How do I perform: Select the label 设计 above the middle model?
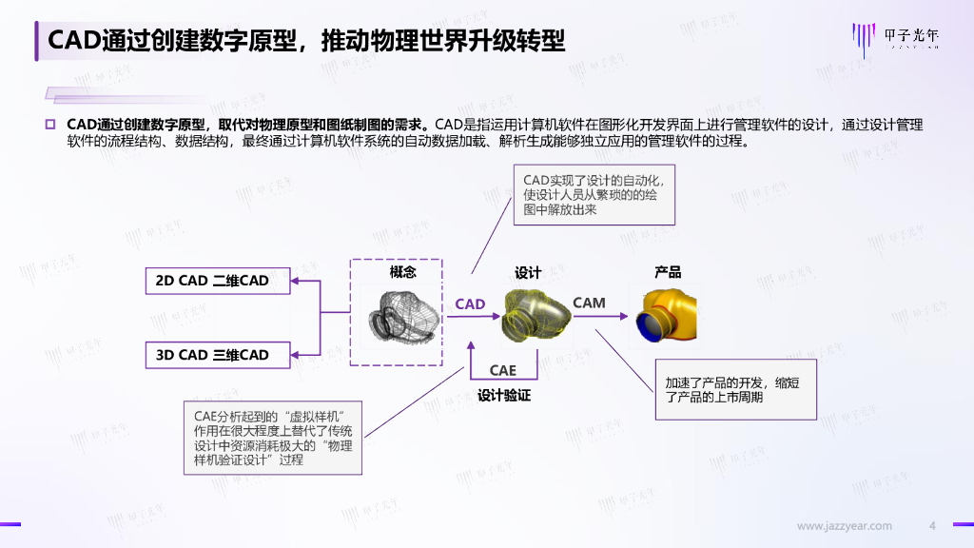(528, 273)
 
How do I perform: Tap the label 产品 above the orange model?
(668, 272)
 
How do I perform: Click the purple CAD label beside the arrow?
(470, 304)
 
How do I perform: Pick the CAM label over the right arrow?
(589, 303)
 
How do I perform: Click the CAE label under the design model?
(503, 370)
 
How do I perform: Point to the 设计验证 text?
(503, 395)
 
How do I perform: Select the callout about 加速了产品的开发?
(735, 389)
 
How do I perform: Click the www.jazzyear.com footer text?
(845, 526)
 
